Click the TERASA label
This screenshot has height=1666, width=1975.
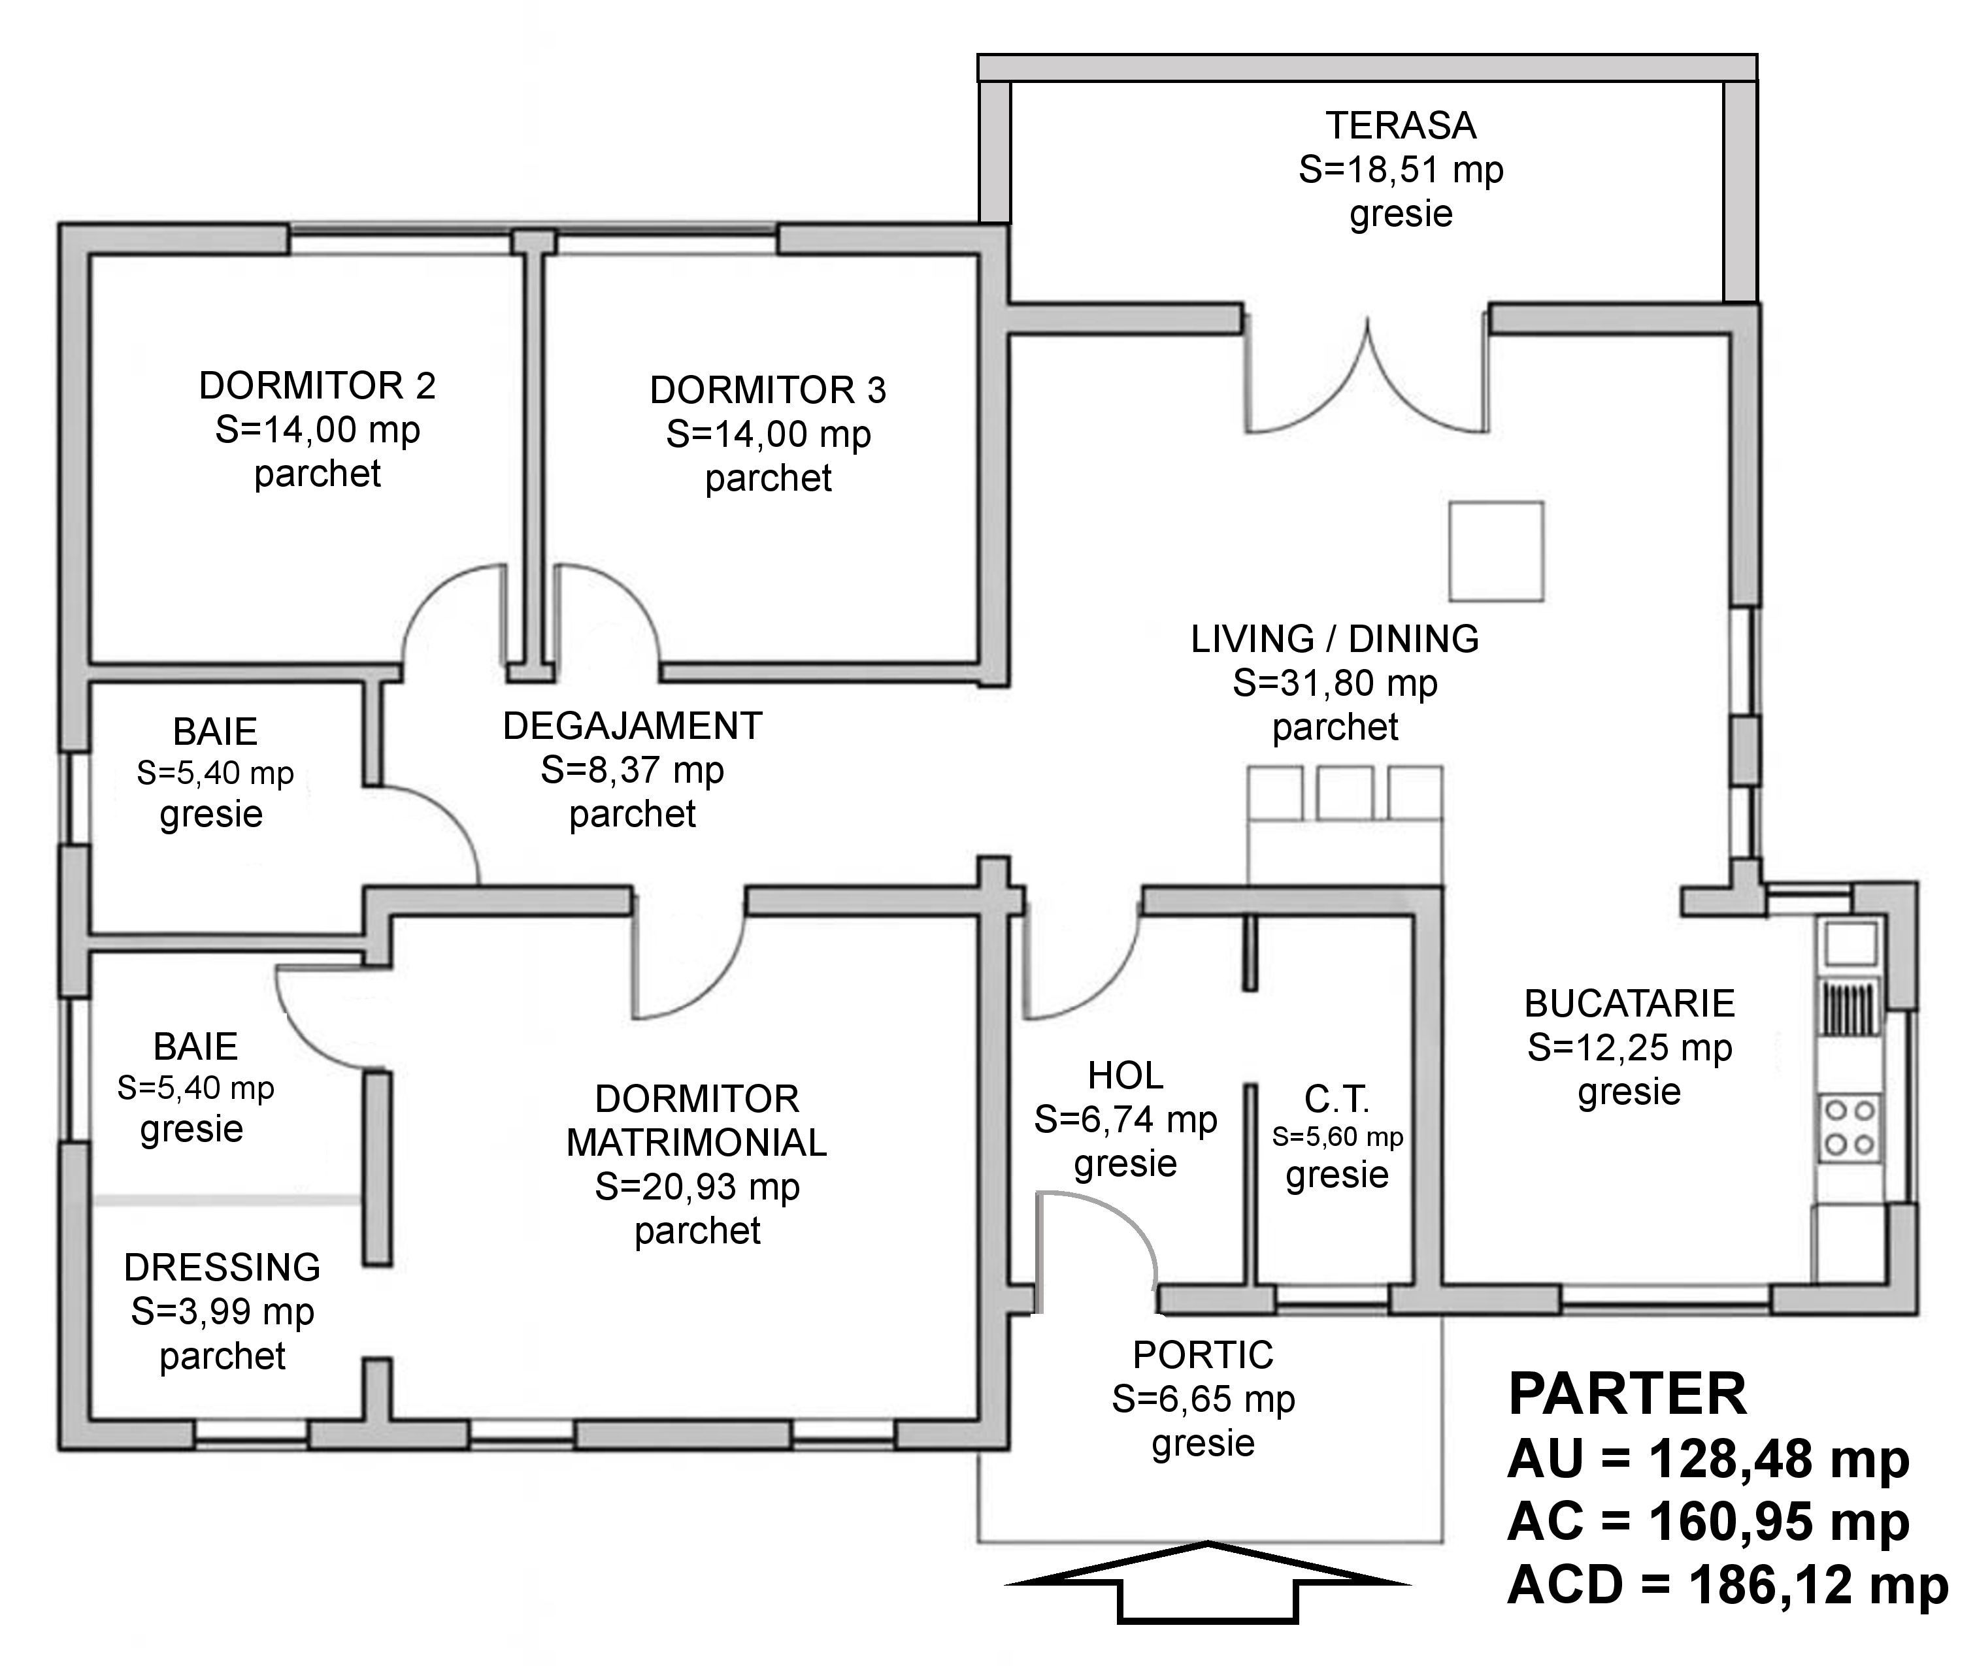1401,125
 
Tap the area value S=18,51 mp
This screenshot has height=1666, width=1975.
1401,170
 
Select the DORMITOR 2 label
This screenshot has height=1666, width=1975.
318,385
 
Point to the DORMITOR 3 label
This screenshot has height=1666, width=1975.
768,390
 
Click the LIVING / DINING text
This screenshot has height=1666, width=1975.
1335,640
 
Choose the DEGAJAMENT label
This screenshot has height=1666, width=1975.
633,727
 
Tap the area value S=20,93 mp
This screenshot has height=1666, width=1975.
697,1187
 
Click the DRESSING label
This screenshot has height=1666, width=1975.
222,1267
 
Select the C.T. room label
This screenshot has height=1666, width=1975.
1336,1100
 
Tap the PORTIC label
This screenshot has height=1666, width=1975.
1203,1355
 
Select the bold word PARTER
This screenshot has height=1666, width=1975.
1627,1394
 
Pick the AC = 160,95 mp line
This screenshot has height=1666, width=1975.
1708,1522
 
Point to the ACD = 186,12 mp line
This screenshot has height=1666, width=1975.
1727,1585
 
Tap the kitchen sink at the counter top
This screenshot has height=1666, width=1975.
1850,943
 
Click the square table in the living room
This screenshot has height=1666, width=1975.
1496,551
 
